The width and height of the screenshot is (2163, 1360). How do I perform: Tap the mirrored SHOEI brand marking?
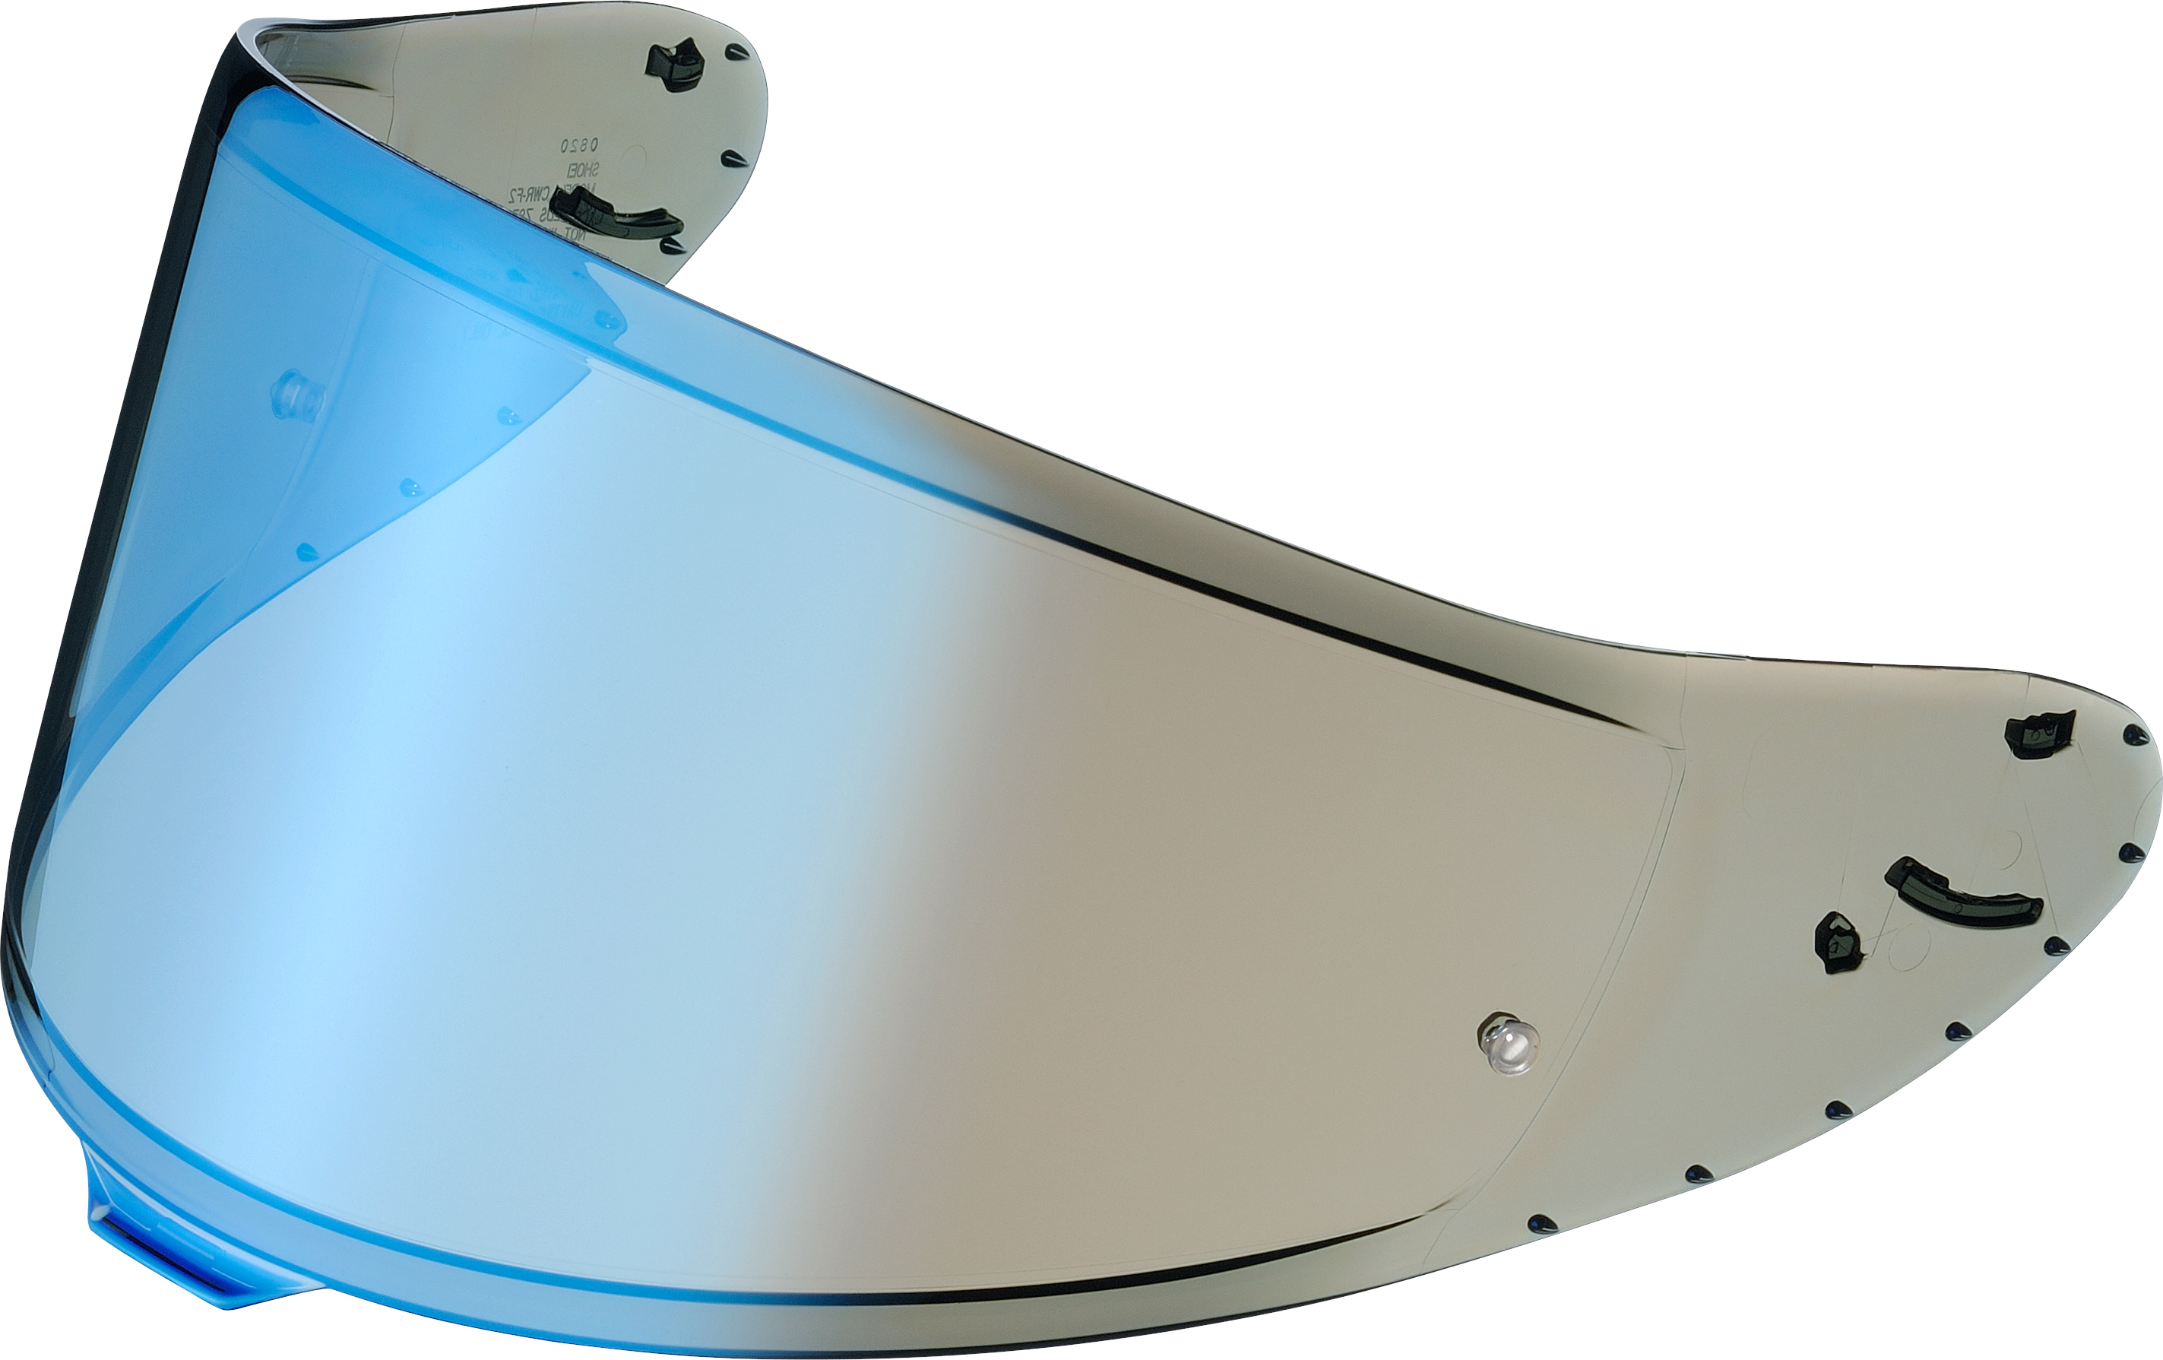click(584, 170)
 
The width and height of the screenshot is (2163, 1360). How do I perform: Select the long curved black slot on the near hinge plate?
click(1962, 891)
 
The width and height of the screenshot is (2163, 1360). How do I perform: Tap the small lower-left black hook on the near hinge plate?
click(1838, 943)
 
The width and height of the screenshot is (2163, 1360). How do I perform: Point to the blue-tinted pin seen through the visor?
click(296, 396)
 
